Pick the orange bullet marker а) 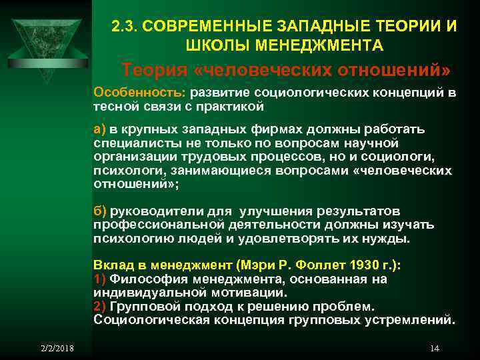click(101, 129)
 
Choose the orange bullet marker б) click(101, 212)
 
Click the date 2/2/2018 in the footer click(56, 348)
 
